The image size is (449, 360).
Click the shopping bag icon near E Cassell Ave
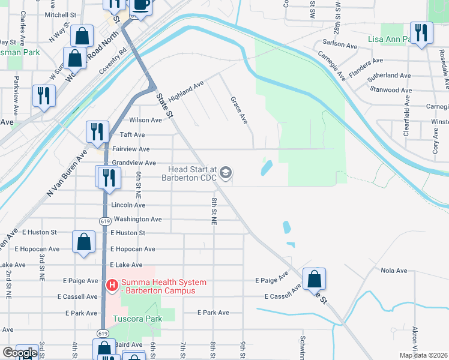[x=313, y=278]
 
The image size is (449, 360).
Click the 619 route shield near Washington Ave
[x=105, y=221]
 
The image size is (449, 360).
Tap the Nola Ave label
[x=394, y=271]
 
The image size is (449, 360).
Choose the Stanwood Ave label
[x=391, y=90]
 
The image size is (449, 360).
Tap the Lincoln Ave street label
[x=128, y=205]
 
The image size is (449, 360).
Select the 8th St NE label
[x=214, y=211]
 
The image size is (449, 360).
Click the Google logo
[x=20, y=353]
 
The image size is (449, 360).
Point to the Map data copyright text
[x=423, y=355]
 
